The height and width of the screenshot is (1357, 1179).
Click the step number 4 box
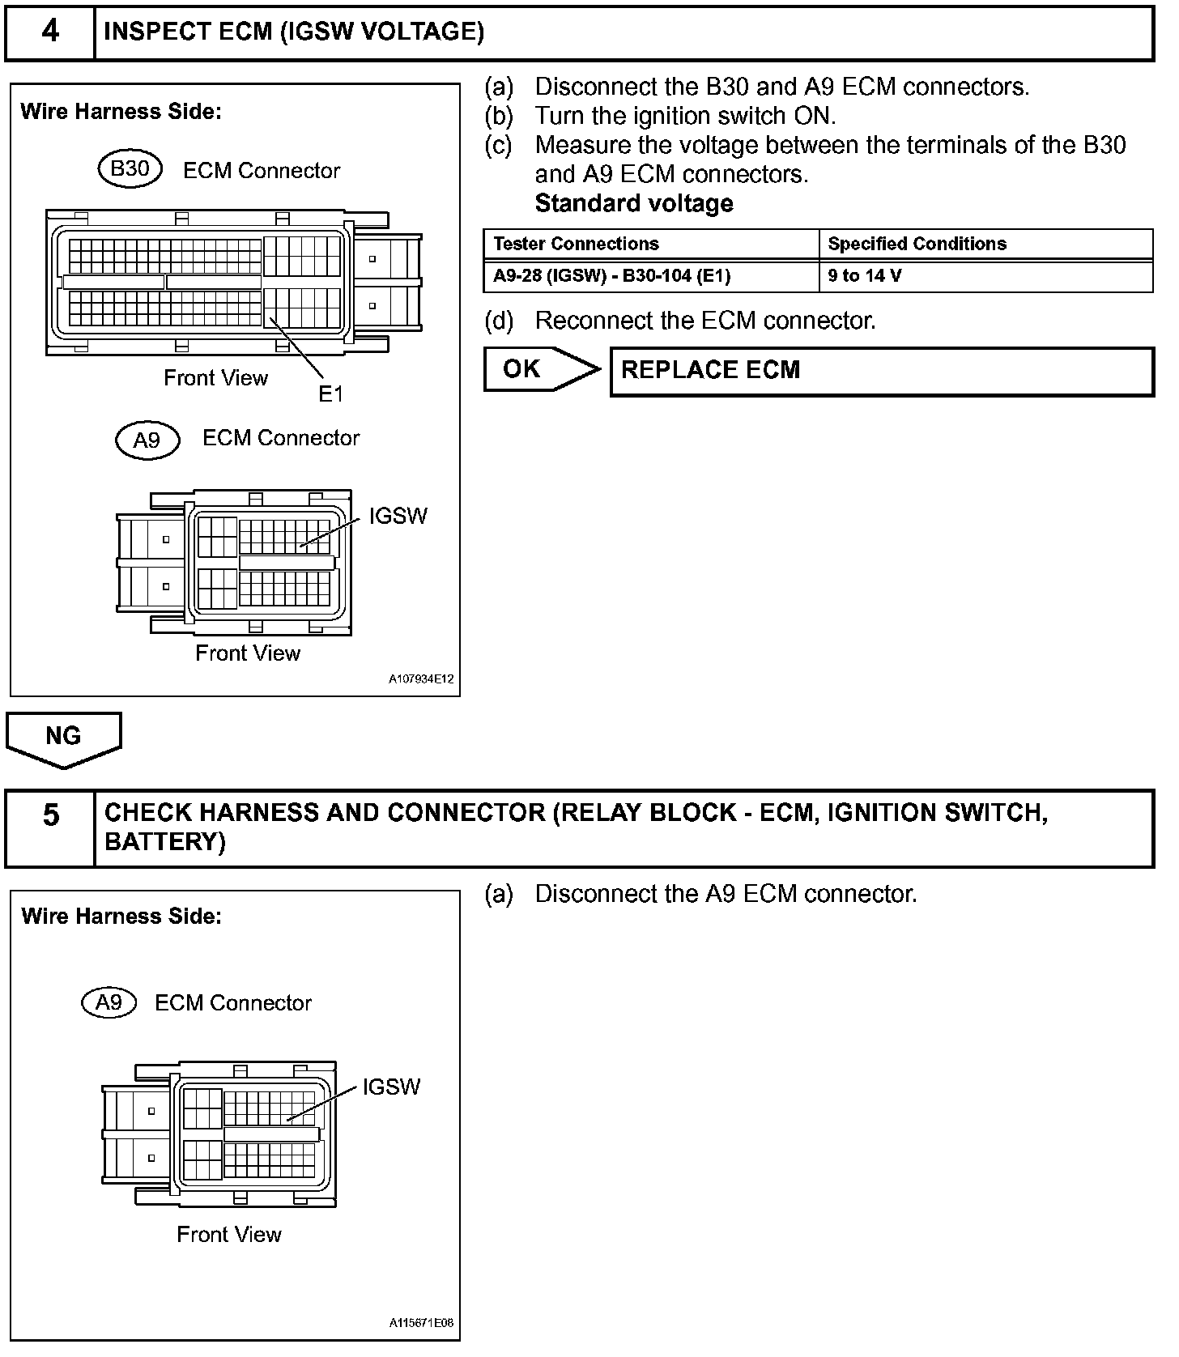point(50,32)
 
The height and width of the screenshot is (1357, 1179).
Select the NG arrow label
point(63,736)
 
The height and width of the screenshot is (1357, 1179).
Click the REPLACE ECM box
point(881,372)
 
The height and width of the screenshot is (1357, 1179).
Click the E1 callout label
point(330,394)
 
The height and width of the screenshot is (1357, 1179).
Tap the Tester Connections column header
point(576,245)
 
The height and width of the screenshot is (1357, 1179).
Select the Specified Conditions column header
point(917,245)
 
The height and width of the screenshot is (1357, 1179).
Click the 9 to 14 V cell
point(864,276)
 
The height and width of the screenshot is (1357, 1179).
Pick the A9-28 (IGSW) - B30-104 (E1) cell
point(611,276)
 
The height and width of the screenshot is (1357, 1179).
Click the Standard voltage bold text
point(634,203)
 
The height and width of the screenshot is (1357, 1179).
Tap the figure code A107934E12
point(421,680)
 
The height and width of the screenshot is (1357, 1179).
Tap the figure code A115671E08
point(421,1324)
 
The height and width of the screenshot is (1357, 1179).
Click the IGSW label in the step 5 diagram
point(391,1087)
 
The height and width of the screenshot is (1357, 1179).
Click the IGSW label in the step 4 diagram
point(398,517)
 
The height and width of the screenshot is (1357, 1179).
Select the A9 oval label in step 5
point(109,1003)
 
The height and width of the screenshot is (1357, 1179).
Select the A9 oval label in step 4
point(147,440)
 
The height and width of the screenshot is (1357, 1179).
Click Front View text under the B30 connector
point(215,378)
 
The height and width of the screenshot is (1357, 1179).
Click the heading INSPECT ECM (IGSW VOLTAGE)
point(294,32)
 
